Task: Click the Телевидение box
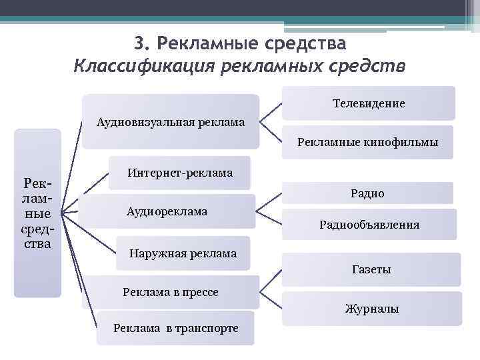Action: pyautogui.click(x=369, y=103)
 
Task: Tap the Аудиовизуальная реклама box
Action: pyautogui.click(x=171, y=121)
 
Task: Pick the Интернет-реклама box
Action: pyautogui.click(x=179, y=173)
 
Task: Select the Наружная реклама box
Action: pyautogui.click(x=183, y=253)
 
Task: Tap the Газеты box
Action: pyautogui.click(x=371, y=269)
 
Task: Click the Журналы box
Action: pyautogui.click(x=371, y=309)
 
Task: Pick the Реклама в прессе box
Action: pyautogui.click(x=171, y=292)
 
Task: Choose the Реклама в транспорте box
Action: pyautogui.click(x=175, y=327)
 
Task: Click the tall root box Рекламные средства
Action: pyautogui.click(x=37, y=213)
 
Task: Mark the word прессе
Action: pyautogui.click(x=200, y=292)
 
